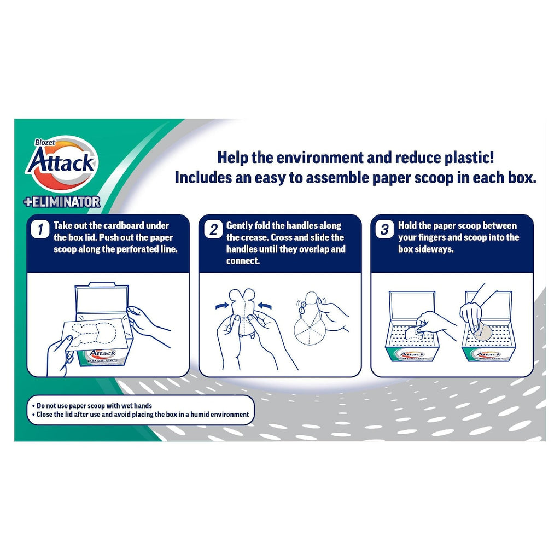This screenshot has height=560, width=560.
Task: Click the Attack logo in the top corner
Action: (x=61, y=163)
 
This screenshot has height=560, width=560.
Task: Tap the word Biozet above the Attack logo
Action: (x=45, y=143)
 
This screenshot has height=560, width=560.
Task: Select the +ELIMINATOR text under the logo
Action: (x=62, y=202)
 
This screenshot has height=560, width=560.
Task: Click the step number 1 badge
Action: (x=40, y=229)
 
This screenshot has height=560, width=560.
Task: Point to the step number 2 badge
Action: (x=213, y=229)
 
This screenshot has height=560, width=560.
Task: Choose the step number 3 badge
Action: (x=384, y=229)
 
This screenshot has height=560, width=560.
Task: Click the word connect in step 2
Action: (x=242, y=261)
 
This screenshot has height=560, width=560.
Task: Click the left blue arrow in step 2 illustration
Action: (x=223, y=306)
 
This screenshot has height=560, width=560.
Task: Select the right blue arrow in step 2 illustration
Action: (x=265, y=306)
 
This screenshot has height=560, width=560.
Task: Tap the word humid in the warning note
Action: (x=200, y=415)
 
